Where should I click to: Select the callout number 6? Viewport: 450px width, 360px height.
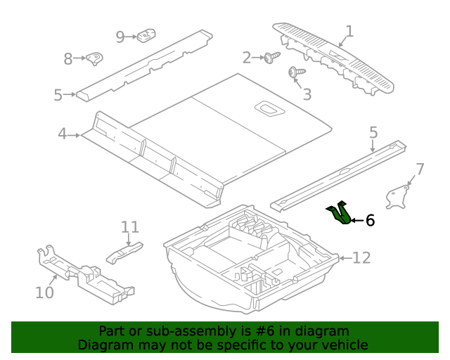tap(371, 221)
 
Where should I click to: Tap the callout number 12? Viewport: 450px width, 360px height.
tap(361, 257)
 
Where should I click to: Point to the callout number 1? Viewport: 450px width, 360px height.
tap(349, 32)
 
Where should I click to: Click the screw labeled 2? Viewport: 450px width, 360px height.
tap(271, 57)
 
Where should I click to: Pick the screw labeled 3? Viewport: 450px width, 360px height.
tap(296, 72)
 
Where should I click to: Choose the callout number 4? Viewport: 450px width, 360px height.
tap(63, 134)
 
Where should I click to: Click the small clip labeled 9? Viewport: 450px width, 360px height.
tap(146, 36)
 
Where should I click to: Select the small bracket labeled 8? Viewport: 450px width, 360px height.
tap(95, 59)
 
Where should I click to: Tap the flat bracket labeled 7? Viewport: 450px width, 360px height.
tap(397, 197)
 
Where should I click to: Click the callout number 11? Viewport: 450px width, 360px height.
tap(130, 227)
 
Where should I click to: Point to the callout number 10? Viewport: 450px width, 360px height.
tap(44, 292)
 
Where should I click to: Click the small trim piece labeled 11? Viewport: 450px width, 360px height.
tap(124, 252)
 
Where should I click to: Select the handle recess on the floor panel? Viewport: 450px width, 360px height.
tap(269, 109)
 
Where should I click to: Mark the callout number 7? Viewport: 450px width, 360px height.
tap(420, 169)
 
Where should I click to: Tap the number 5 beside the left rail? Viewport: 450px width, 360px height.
tap(58, 95)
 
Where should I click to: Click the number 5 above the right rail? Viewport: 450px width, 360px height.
tap(373, 132)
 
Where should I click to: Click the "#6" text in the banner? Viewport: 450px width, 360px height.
tap(265, 331)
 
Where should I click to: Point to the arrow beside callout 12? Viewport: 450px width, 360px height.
tap(345, 258)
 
